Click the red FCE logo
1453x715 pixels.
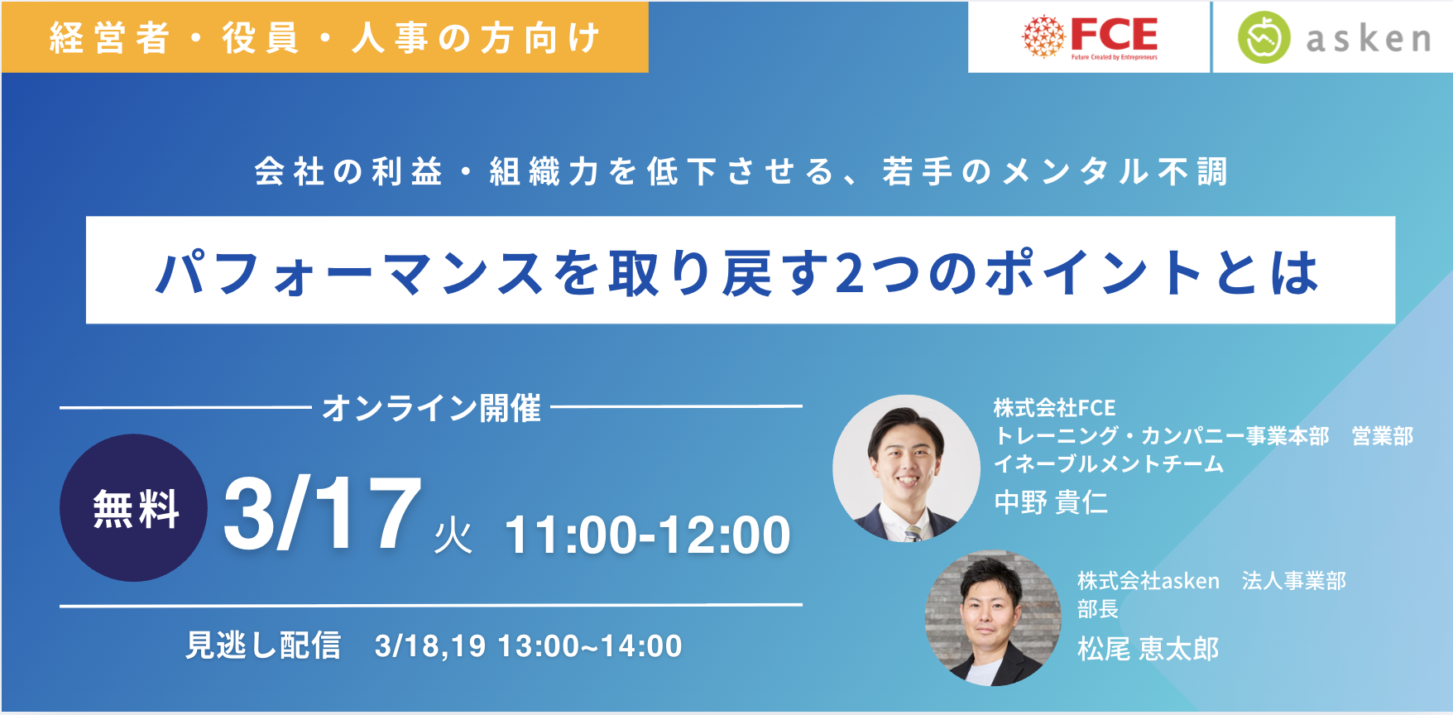pos(1090,36)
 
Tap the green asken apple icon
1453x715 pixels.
pos(1264,37)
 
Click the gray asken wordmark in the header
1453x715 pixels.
pos(1369,39)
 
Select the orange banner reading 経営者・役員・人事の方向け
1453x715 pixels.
pos(324,37)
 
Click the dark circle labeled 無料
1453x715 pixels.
pos(133,507)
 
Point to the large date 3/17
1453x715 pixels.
pos(323,513)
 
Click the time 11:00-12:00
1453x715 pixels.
pos(648,535)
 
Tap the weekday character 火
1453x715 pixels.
pos(453,535)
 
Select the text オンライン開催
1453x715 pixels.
pos(431,408)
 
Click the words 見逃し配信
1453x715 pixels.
pos(263,645)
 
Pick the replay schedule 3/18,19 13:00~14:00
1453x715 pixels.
pos(529,646)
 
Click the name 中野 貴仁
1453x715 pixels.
pos(1051,502)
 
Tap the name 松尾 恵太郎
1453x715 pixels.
pos(1148,649)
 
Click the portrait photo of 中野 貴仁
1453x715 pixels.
pos(906,468)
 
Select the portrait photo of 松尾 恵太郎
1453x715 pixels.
pos(992,618)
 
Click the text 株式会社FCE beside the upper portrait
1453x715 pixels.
pos(1055,408)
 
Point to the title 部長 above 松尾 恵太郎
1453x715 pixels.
pos(1098,609)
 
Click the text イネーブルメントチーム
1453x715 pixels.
pos(1109,463)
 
